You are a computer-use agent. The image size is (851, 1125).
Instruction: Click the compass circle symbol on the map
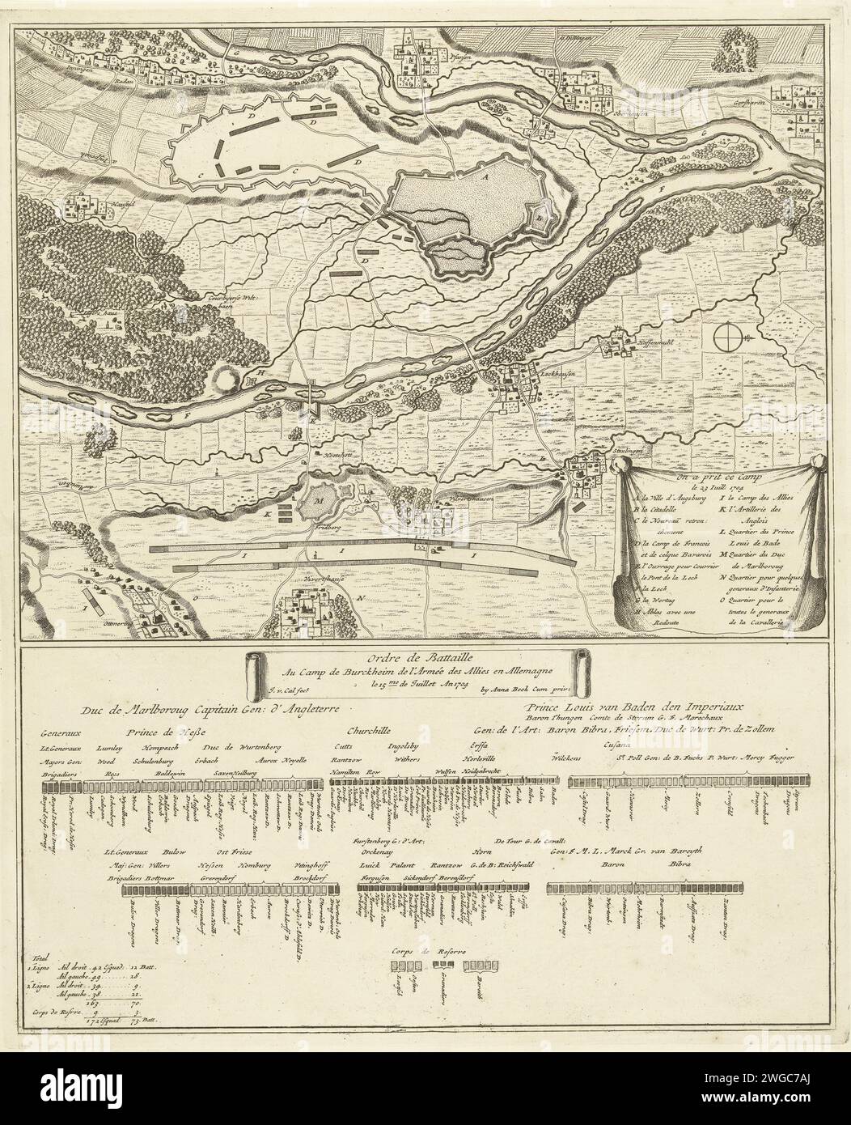click(726, 334)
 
